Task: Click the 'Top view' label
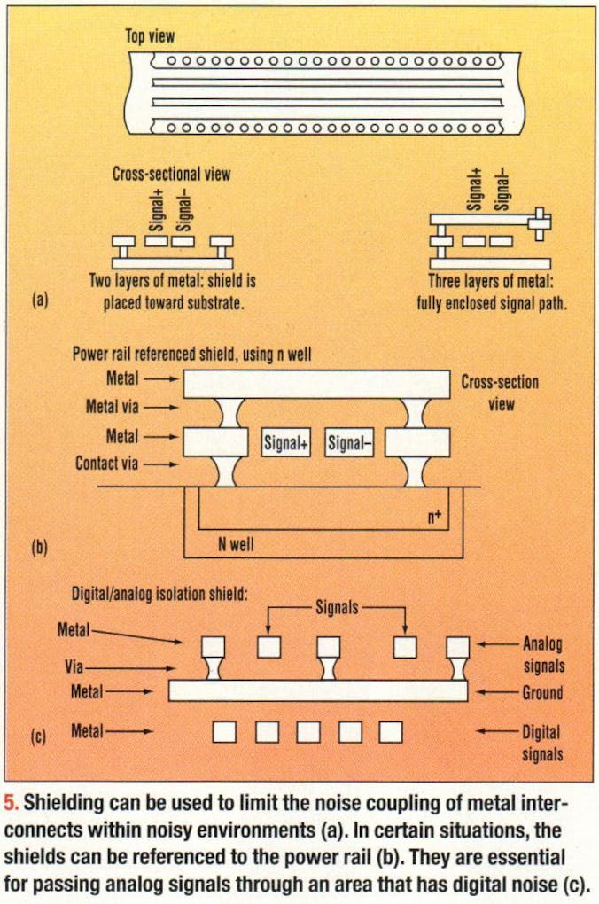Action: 150,36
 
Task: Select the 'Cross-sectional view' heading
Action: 171,174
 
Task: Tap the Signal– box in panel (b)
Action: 349,445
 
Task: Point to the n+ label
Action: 434,512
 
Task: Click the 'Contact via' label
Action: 106,463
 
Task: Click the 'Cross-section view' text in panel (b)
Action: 499,393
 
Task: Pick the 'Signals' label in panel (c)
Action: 337,607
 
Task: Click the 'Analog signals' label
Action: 542,654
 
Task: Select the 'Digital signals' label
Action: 542,743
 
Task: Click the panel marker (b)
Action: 40,547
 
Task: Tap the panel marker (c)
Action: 40,734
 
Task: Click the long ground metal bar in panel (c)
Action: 317,690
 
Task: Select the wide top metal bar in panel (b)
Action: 316,384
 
